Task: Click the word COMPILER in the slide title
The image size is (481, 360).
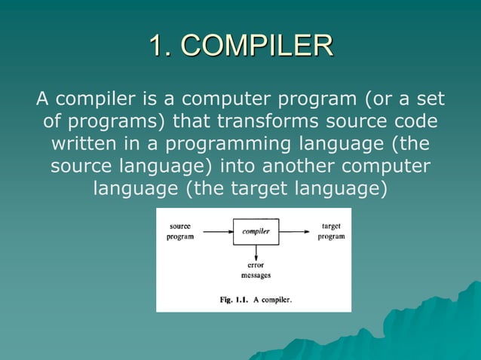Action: click(258, 45)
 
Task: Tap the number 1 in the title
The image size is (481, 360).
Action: click(155, 45)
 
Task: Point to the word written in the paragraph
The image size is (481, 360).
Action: click(84, 143)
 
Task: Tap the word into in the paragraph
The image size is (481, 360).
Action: click(243, 165)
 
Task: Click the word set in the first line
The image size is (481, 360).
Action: click(427, 99)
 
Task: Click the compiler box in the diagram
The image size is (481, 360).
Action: click(256, 231)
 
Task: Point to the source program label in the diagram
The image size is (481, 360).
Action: click(179, 231)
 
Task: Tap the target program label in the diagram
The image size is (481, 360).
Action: click(331, 231)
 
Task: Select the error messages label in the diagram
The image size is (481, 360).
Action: click(256, 270)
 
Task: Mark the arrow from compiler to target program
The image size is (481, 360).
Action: click(295, 231)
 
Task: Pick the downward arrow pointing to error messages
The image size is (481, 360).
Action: click(256, 252)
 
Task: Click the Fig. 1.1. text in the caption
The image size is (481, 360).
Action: click(234, 299)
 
